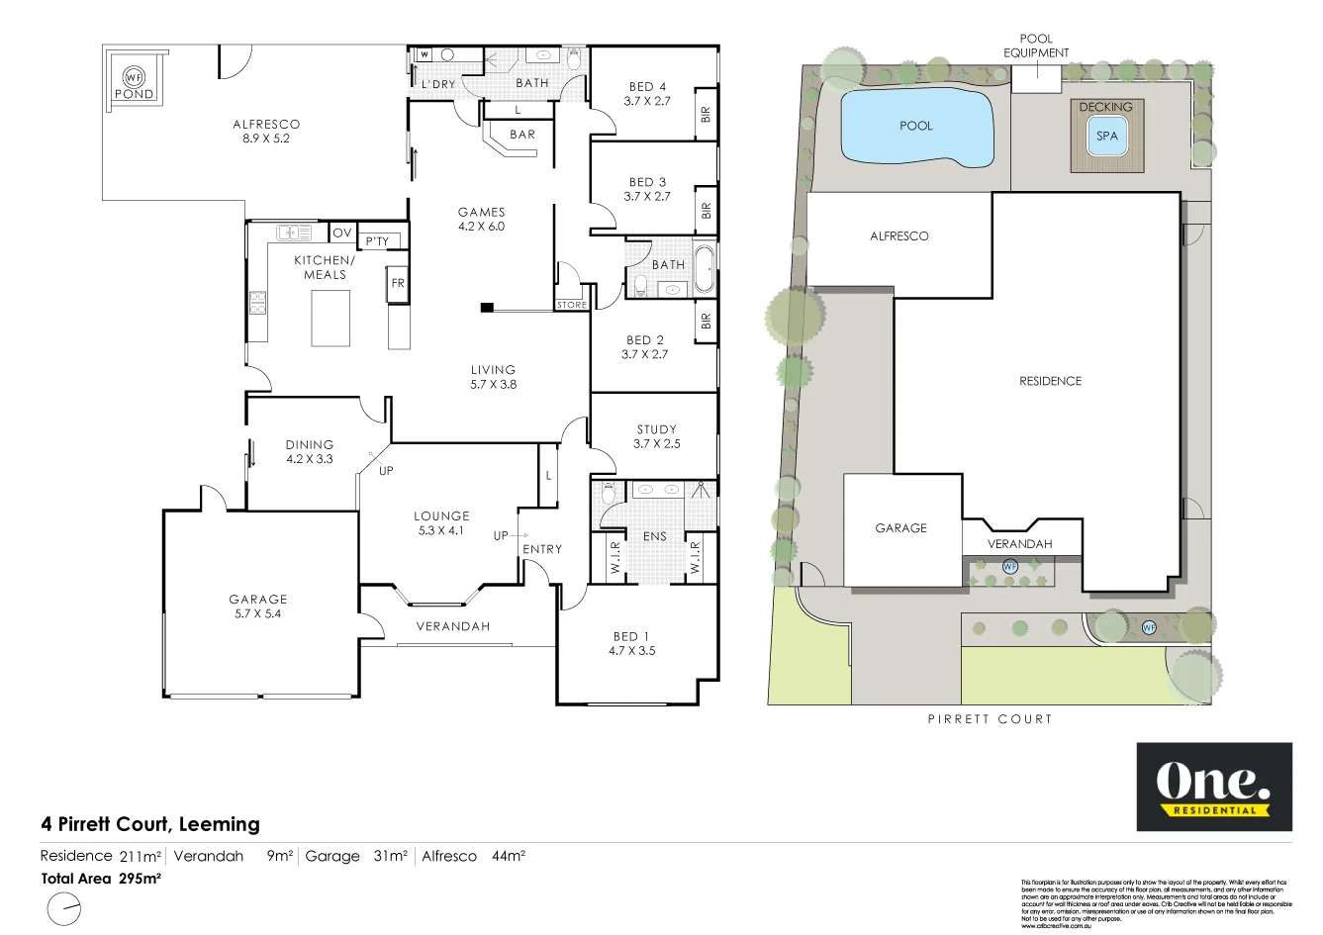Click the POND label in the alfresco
[134, 94]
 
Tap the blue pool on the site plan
[915, 127]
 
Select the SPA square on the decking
[1106, 136]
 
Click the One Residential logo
[1213, 787]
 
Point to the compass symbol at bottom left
[64, 908]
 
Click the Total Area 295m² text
[101, 878]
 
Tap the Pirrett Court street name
[990, 719]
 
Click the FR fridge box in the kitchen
[398, 283]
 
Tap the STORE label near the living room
[572, 305]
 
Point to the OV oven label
[341, 233]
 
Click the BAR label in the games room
[522, 135]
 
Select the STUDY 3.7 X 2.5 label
[657, 436]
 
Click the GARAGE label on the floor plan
[258, 606]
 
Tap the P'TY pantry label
[377, 241]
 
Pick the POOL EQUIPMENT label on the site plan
[1036, 46]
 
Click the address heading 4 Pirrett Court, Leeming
[150, 823]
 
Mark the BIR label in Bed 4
[706, 114]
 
